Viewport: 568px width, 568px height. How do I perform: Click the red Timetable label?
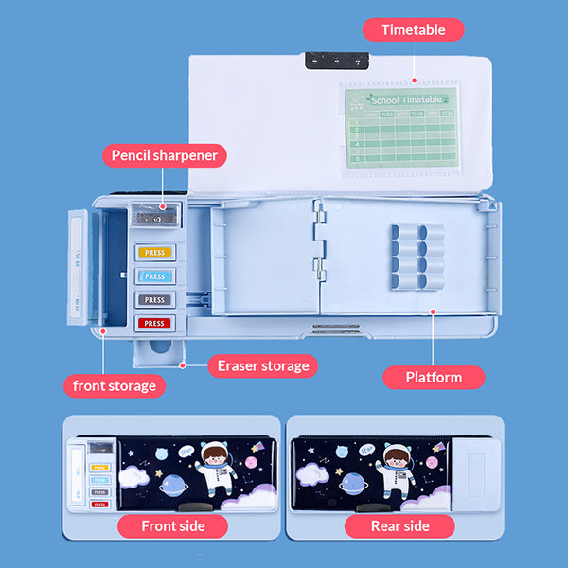point(414,29)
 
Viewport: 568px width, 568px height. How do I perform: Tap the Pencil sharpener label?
point(165,155)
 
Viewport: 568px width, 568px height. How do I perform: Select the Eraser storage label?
point(263,365)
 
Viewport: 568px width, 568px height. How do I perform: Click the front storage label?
point(115,385)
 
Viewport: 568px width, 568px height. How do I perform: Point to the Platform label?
point(434,377)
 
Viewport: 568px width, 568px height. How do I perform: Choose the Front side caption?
point(171,526)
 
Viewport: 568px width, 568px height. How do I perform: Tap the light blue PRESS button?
point(155,276)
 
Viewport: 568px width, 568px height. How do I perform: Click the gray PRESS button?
point(155,299)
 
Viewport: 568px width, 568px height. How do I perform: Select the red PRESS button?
point(155,323)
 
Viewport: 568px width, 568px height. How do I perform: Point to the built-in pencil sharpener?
point(158,215)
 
